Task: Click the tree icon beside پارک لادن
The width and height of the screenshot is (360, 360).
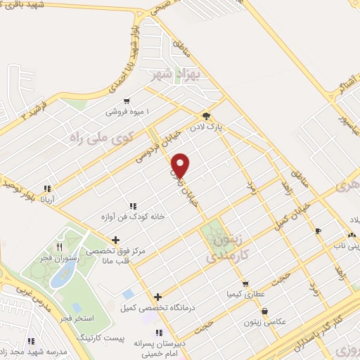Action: (x=205, y=117)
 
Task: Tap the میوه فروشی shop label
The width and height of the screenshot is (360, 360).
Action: (x=107, y=112)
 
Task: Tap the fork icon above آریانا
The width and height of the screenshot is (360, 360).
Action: (x=49, y=188)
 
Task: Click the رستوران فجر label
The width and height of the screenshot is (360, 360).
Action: (x=60, y=257)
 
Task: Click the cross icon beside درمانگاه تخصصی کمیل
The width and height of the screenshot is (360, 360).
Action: (x=158, y=297)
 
